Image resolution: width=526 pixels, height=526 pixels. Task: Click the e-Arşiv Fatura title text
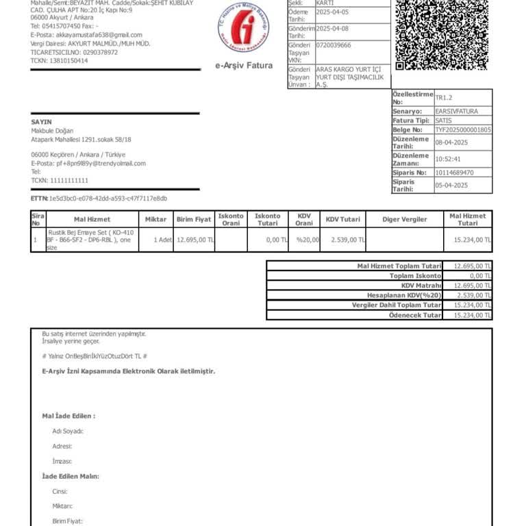point(244,66)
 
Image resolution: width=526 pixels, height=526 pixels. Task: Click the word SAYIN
point(41,122)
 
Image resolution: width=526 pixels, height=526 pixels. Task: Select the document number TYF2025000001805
point(462,129)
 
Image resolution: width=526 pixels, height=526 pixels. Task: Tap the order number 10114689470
point(454,173)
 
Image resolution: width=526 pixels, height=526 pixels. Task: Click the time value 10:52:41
point(449,159)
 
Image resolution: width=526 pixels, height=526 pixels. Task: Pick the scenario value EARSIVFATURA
point(456,111)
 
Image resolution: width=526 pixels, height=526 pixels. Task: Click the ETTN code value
point(108,199)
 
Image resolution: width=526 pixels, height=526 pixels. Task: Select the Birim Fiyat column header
point(194,219)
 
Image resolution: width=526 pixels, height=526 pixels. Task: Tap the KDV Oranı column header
point(304,219)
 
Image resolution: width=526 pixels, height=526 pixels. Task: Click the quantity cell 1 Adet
point(162,240)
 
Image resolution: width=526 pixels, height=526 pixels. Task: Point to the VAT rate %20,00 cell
point(308,240)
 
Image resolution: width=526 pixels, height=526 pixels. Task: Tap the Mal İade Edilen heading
point(68,416)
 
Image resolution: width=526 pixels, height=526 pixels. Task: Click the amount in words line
point(95,356)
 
